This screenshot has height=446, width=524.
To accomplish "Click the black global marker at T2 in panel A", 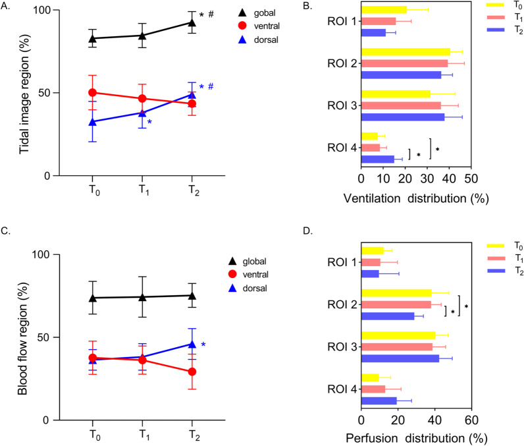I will click(192, 22).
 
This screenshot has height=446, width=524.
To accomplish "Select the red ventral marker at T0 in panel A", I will click(93, 93).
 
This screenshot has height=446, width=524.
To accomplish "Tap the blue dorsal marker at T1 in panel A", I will click(142, 113).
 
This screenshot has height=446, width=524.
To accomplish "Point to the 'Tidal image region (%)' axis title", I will click(24, 93).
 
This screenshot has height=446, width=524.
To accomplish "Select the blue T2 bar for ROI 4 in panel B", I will click(378, 159).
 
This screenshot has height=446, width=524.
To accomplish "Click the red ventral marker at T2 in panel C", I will click(192, 372).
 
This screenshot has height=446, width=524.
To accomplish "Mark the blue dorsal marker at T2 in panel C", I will click(192, 344).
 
